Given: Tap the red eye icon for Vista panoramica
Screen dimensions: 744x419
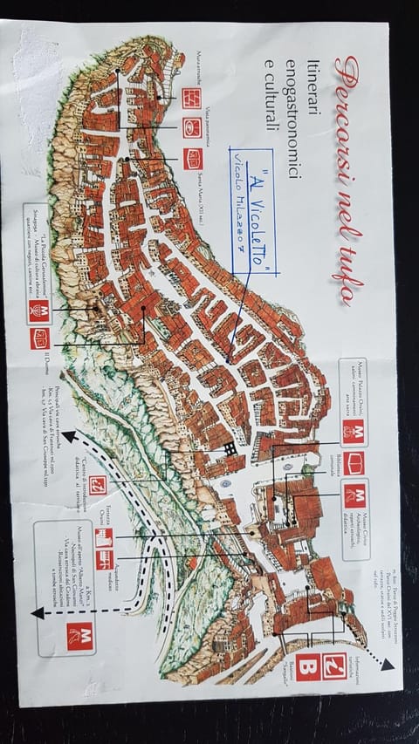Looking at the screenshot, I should [x=193, y=127].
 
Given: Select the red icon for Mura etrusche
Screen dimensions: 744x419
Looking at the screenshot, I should [x=193, y=99].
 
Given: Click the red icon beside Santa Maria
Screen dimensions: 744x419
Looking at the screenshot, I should [x=193, y=159].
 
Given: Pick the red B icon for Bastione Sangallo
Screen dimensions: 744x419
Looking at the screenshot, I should [x=310, y=666].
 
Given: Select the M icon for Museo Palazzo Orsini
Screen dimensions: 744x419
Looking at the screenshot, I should [x=354, y=431].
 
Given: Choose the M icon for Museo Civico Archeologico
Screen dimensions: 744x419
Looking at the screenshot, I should [x=354, y=496].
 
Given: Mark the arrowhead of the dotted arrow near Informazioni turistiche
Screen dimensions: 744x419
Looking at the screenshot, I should [x=387, y=665].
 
